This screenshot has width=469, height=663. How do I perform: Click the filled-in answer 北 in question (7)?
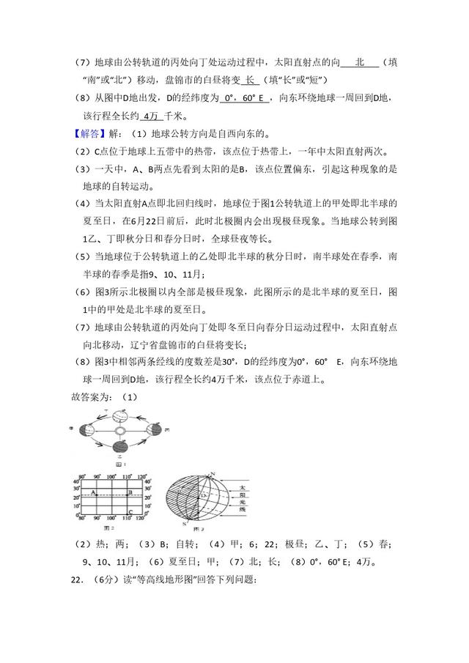tap(360, 62)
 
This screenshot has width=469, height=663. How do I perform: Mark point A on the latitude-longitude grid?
tap(94, 493)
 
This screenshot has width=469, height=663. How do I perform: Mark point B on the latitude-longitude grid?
tap(129, 493)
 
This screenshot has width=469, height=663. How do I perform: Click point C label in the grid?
tap(129, 512)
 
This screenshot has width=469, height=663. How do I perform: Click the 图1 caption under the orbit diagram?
tap(120, 464)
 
